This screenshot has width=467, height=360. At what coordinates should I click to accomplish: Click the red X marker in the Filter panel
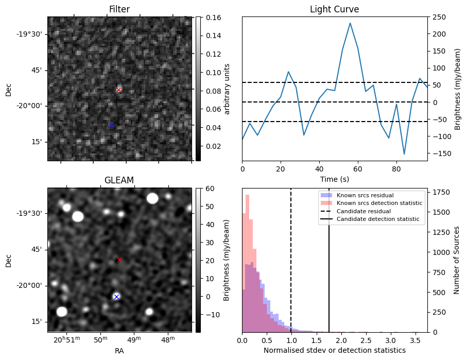(x=118, y=90)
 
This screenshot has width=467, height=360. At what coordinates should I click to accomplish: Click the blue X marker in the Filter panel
(x=112, y=126)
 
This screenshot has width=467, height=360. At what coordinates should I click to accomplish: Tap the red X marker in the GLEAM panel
(x=119, y=260)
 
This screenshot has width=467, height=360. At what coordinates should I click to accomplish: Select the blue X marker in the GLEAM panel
(x=116, y=297)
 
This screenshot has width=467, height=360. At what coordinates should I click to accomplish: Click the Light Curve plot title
(x=335, y=9)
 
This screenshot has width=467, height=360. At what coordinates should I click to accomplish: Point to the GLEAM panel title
(x=119, y=180)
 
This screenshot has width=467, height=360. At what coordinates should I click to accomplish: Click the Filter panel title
(x=119, y=9)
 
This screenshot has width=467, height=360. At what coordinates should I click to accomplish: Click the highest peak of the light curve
(x=350, y=23)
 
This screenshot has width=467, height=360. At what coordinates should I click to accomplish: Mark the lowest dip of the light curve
(x=404, y=154)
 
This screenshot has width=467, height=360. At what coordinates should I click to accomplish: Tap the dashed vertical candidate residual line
(x=291, y=260)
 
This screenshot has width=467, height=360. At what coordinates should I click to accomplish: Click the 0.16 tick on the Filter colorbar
(x=212, y=18)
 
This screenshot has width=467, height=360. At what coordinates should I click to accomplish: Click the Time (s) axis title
(x=335, y=179)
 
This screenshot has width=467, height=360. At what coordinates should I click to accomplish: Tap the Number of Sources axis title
(x=456, y=260)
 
